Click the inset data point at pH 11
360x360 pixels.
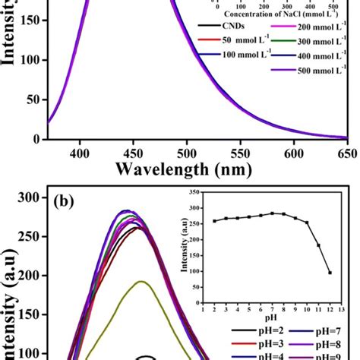coord(318,245)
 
